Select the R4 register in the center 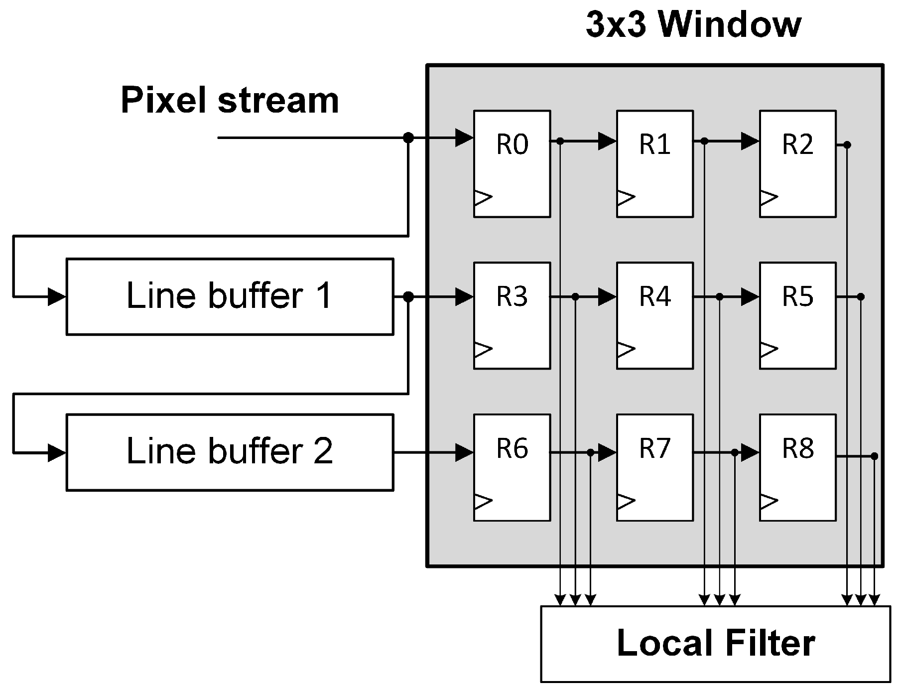654,315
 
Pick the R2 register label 797,144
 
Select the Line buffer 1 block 230,296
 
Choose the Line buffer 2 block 230,452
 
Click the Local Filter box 715,644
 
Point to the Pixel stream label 230,100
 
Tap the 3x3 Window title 693,24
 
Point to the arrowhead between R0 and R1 607,141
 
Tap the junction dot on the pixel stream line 408,138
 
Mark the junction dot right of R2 847,145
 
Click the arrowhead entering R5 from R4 750,297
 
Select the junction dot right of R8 874,456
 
